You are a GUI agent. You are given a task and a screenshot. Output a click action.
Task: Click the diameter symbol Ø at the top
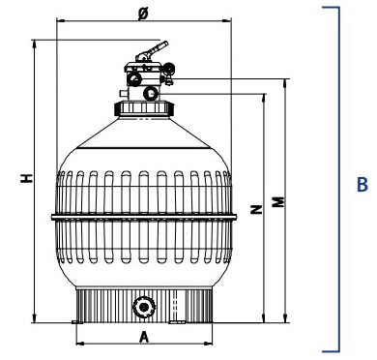(x=143, y=14)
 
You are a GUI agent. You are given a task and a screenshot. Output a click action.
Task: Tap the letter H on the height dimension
(x=27, y=178)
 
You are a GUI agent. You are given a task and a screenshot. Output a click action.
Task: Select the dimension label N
(x=256, y=210)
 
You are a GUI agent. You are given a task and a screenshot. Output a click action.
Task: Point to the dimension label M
(x=278, y=201)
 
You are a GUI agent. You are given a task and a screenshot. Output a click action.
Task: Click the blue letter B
(x=362, y=185)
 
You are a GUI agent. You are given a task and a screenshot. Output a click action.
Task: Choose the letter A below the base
(x=144, y=337)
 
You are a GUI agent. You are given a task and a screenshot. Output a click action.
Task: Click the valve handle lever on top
(x=152, y=51)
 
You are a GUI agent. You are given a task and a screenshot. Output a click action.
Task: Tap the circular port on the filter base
(x=144, y=307)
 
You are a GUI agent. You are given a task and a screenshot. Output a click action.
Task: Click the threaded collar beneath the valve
(x=144, y=108)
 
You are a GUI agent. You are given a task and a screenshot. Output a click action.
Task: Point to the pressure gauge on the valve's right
(x=169, y=69)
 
